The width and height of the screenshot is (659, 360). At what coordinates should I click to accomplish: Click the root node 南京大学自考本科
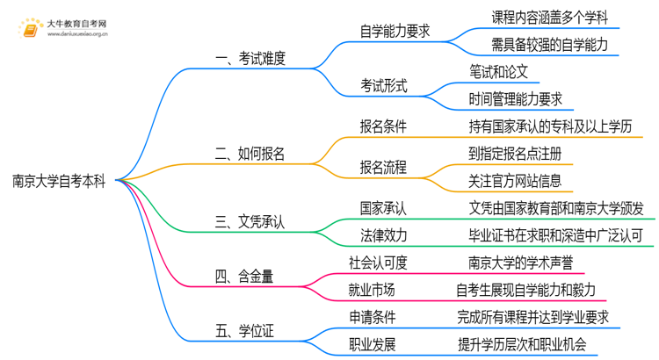(x=59, y=182)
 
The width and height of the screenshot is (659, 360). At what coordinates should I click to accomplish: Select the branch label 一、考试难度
(x=250, y=59)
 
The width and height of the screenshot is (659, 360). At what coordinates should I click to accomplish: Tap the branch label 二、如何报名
(x=250, y=154)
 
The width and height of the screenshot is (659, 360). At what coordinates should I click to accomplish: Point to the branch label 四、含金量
(x=243, y=277)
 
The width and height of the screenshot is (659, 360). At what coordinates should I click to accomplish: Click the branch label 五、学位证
(x=243, y=332)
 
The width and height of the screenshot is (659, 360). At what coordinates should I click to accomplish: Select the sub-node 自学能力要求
(x=395, y=31)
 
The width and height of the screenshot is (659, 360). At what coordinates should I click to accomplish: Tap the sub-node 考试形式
(x=384, y=86)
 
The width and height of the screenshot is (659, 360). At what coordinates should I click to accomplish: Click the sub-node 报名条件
(x=384, y=126)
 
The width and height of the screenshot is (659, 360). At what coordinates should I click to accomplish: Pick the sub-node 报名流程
(x=384, y=167)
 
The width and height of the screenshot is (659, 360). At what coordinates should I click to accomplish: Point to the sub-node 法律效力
(x=384, y=235)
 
